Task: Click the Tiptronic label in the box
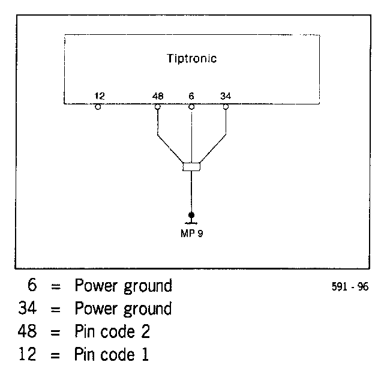pyautogui.click(x=191, y=59)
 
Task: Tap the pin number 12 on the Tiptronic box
pyautogui.click(x=100, y=96)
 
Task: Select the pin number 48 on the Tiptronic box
pyautogui.click(x=158, y=96)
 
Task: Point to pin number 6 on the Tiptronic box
pyautogui.click(x=191, y=96)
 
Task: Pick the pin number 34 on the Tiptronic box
pyautogui.click(x=226, y=96)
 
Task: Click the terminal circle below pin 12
pyautogui.click(x=98, y=107)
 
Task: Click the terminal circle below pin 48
pyautogui.click(x=158, y=107)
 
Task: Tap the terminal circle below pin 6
pyautogui.click(x=191, y=107)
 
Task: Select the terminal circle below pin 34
pyautogui.click(x=226, y=107)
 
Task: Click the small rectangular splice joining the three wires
pyautogui.click(x=191, y=166)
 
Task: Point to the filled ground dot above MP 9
pyautogui.click(x=191, y=214)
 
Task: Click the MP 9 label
pyautogui.click(x=191, y=233)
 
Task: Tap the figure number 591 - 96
pyautogui.click(x=350, y=287)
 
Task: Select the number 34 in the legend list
pyautogui.click(x=29, y=309)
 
